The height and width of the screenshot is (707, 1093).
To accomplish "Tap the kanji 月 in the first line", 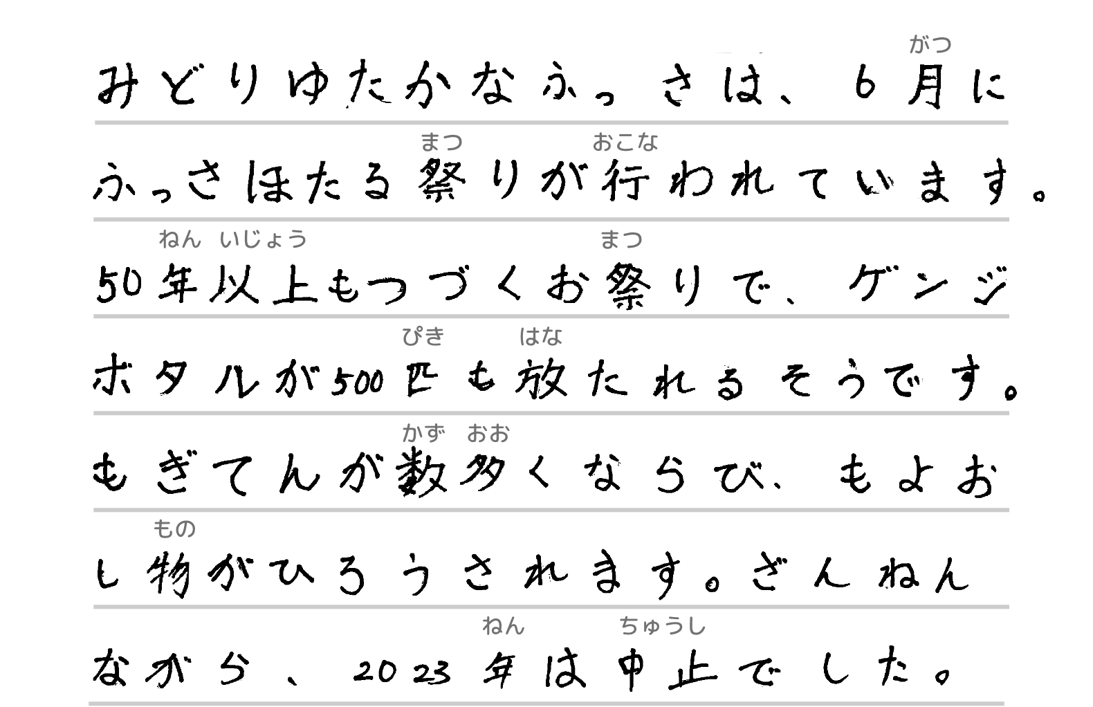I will pyautogui.click(x=926, y=89).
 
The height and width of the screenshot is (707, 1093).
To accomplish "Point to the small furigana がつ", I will pyautogui.click(x=930, y=46).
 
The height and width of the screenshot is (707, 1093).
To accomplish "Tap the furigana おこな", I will pyautogui.click(x=625, y=143).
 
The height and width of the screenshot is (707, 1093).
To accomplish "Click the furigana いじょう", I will pyautogui.click(x=263, y=240).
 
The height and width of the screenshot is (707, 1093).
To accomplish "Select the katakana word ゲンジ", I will pyautogui.click(x=927, y=284).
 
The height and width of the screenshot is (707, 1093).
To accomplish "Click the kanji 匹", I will pyautogui.click(x=420, y=380).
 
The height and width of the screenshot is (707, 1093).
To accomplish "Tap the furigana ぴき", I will pyautogui.click(x=423, y=337).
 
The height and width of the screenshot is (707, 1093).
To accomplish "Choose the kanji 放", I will pyautogui.click(x=541, y=379).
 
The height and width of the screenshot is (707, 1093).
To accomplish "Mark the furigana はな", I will pyautogui.click(x=540, y=337).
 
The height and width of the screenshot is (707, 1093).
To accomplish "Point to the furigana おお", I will pyautogui.click(x=488, y=434).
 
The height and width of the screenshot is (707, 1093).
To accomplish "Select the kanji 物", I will pyautogui.click(x=171, y=573).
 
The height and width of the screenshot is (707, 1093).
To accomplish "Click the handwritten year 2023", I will pyautogui.click(x=401, y=671).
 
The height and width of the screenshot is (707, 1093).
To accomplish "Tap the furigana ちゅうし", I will pyautogui.click(x=663, y=627).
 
